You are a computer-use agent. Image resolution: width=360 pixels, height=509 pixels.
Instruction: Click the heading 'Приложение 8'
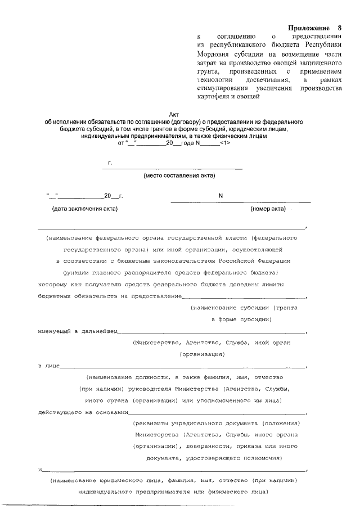point(314,28)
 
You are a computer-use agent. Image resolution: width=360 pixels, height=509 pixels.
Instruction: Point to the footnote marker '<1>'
point(223,143)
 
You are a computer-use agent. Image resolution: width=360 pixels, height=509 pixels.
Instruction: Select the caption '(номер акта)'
point(268,209)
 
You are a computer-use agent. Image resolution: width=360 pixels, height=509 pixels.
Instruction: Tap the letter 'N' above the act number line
point(220,196)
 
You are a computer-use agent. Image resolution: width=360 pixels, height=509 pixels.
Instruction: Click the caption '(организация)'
point(202,354)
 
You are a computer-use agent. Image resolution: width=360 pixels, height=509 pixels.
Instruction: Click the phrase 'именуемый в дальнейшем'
point(78,331)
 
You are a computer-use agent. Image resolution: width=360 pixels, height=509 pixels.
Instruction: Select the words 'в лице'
point(47,366)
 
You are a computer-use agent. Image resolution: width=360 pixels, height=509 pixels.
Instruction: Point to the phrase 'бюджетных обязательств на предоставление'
point(110,295)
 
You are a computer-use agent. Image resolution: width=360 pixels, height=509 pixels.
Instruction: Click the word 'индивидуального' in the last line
point(111,493)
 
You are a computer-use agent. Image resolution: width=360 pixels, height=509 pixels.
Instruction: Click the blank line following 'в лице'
point(180,367)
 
